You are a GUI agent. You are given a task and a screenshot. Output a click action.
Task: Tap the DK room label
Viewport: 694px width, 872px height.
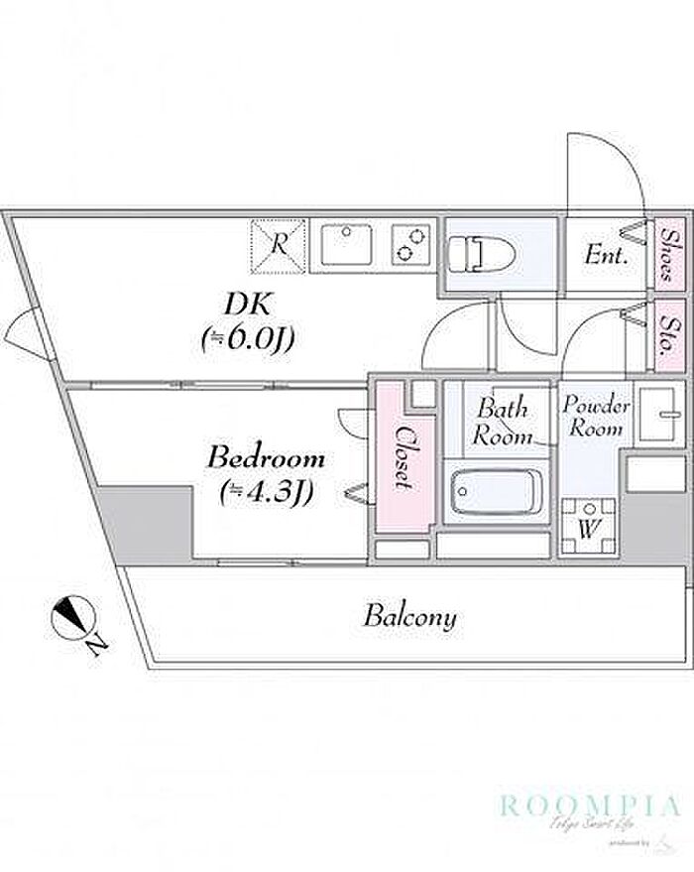(x=248, y=304)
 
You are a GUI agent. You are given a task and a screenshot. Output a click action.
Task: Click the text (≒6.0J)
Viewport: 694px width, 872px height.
(x=248, y=339)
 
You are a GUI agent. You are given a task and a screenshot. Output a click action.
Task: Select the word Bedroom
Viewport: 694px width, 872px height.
(x=266, y=459)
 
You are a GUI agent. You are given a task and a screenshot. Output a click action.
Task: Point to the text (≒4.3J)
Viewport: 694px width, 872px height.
(x=266, y=491)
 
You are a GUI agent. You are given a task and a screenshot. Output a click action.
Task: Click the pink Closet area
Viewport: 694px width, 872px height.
(x=403, y=457)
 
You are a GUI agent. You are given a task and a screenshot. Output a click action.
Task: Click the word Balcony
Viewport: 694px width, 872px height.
(x=409, y=617)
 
